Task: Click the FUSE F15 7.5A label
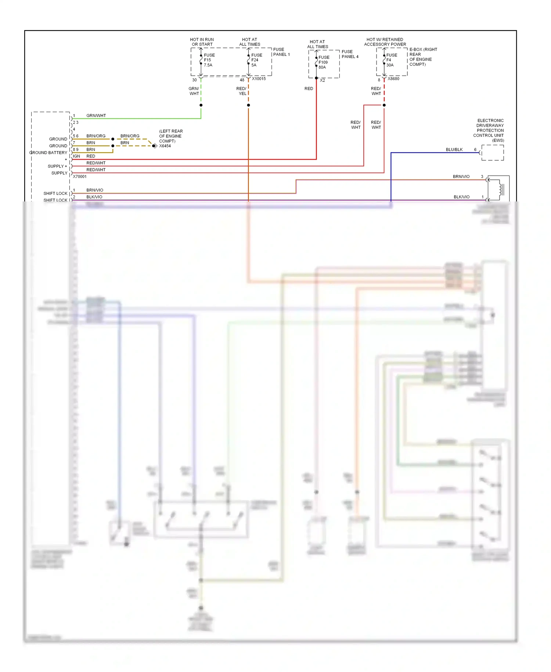point(209,60)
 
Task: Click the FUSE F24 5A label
point(256,60)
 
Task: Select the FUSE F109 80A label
point(324,62)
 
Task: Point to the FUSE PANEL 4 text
point(350,54)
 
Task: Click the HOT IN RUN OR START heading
point(202,42)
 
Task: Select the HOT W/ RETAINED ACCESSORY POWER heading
point(385,42)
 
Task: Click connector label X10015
point(259,79)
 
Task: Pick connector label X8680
point(393,79)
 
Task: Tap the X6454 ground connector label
point(165,146)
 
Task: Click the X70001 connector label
point(80,176)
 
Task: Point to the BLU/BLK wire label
point(454,150)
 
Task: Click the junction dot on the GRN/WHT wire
point(201,105)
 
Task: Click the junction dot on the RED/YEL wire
point(248,105)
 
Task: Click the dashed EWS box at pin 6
point(493,153)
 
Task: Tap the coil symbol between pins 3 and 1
point(500,189)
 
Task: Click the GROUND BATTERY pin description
point(48,153)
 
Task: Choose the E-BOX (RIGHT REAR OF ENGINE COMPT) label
point(423,57)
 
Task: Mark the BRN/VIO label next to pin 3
point(461,176)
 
